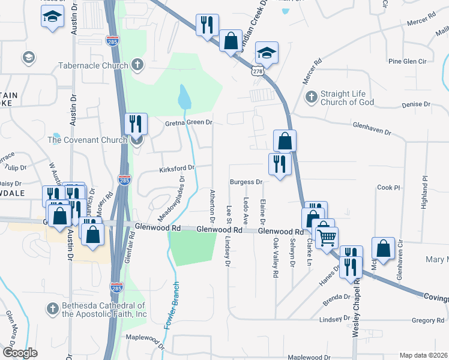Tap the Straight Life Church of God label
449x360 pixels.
click(x=348, y=98)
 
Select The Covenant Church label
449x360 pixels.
click(x=88, y=140)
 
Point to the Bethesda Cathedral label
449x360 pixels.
click(x=104, y=310)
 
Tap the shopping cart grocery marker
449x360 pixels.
click(x=327, y=238)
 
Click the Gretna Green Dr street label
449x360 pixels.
click(x=189, y=122)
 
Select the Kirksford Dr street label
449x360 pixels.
click(x=177, y=169)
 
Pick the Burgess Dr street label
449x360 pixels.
click(x=247, y=182)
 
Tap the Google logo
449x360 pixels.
click(x=20, y=352)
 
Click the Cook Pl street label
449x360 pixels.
click(x=388, y=187)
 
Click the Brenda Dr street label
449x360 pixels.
click(x=336, y=296)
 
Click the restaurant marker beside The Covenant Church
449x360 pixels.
click(x=136, y=124)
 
